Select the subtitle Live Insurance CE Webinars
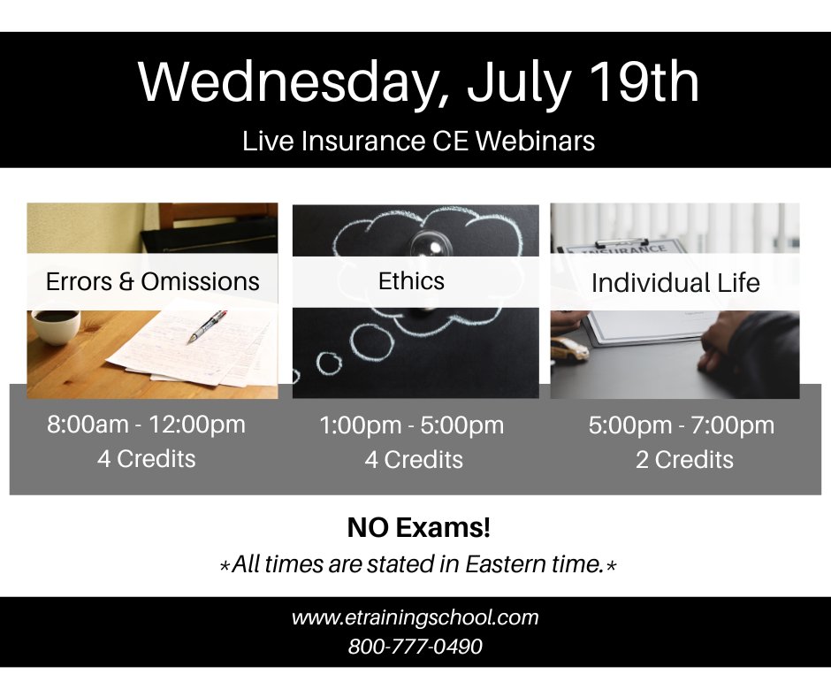pyautogui.click(x=418, y=141)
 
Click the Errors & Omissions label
pyautogui.click(x=152, y=281)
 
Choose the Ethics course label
pyautogui.click(x=411, y=280)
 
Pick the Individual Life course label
pyautogui.click(x=675, y=283)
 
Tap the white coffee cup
pyautogui.click(x=54, y=324)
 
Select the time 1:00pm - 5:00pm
pyautogui.click(x=411, y=425)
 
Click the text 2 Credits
pyautogui.click(x=684, y=460)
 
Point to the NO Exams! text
pyautogui.click(x=418, y=529)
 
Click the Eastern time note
pyautogui.click(x=417, y=564)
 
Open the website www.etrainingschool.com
pyautogui.click(x=415, y=617)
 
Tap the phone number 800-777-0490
pyautogui.click(x=415, y=647)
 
